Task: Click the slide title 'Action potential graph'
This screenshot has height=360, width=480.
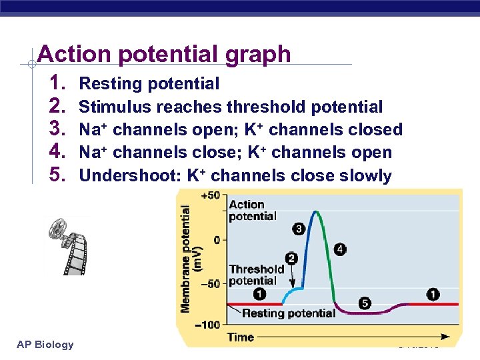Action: tap(164, 53)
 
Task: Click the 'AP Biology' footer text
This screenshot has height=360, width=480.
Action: tap(45, 344)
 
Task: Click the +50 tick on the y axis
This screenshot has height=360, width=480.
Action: tap(210, 195)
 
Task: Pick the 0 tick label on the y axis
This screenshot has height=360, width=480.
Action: tap(216, 239)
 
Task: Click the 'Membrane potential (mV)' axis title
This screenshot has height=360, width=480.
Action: tap(191, 257)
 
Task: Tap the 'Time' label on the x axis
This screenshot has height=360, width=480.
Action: tap(240, 337)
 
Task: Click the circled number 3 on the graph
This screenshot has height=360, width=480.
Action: tap(299, 229)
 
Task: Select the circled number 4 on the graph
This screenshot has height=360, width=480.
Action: tap(340, 249)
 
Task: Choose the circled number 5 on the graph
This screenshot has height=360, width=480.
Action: tap(365, 303)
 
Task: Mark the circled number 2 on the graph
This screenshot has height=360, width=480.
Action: tap(291, 258)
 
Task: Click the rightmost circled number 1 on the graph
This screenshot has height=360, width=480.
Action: tap(433, 294)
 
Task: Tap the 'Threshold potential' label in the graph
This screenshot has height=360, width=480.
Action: tap(257, 275)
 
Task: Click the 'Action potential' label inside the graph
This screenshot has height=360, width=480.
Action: tap(253, 210)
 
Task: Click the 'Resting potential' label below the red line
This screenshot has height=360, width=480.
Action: tap(288, 313)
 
